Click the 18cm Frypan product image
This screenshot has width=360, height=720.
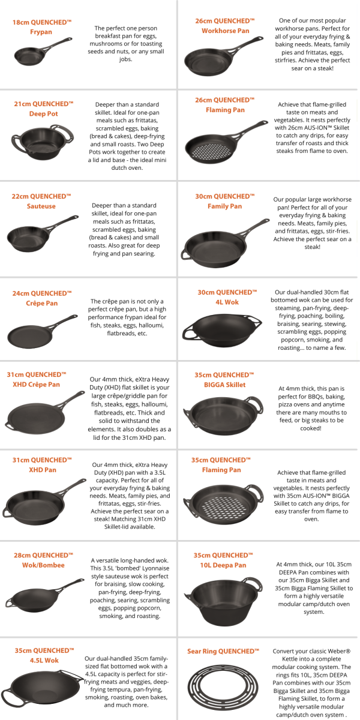[x=42, y=52]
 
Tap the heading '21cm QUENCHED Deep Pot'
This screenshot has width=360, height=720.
[x=43, y=109]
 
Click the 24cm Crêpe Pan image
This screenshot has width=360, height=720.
[x=42, y=332]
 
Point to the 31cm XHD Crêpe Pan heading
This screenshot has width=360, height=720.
[x=37, y=379]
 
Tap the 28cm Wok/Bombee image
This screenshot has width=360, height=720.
[x=44, y=595]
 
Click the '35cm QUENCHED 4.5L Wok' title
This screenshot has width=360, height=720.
[x=44, y=655]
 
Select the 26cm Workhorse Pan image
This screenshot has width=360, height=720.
[x=223, y=56]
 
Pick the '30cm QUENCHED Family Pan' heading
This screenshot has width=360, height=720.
[x=224, y=201]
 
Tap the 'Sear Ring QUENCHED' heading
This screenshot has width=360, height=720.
[x=223, y=651]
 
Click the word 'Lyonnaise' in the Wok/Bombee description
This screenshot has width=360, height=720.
[x=155, y=568]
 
